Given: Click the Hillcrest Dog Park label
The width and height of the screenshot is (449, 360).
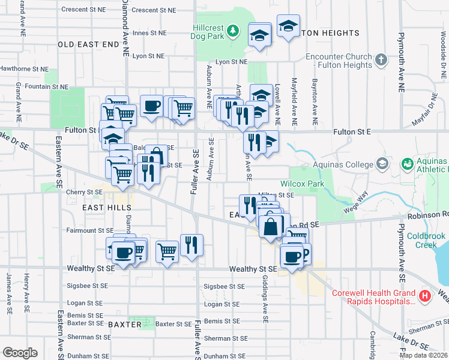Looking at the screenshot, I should (208, 32).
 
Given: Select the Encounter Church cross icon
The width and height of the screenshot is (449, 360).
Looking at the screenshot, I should (381, 60).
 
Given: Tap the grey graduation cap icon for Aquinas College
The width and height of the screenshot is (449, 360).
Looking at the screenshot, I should (382, 164).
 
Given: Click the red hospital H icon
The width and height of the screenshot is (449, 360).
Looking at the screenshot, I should (425, 296).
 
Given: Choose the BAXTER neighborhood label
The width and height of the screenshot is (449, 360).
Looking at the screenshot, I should (125, 325).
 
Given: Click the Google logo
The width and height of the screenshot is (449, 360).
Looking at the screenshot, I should (20, 353).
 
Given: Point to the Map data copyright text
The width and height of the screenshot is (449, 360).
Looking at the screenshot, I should (423, 355).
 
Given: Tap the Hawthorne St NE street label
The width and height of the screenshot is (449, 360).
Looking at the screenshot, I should (24, 68).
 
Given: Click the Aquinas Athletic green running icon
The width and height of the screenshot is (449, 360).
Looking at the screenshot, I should (407, 163).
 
